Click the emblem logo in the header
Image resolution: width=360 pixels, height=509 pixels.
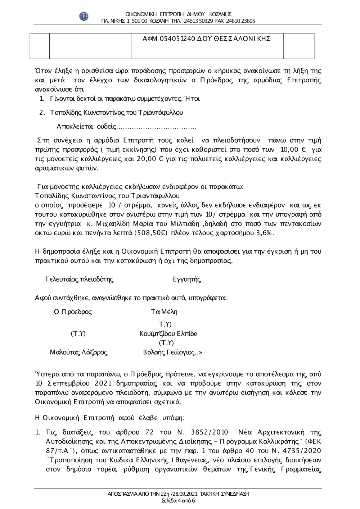[x=84, y=16]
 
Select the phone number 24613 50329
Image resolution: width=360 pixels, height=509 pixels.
[x=199, y=21]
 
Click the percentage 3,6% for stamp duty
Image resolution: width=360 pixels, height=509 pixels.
[x=265, y=233]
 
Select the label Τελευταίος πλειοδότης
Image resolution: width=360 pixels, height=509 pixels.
[x=79, y=279]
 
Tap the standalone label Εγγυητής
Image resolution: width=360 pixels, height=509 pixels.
[x=187, y=279]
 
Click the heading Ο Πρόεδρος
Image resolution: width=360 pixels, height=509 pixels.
[x=73, y=312]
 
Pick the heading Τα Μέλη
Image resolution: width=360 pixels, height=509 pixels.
[x=164, y=312]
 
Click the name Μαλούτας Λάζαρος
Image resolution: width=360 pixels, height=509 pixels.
[x=78, y=352]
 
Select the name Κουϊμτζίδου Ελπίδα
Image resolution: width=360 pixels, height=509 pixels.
[x=168, y=333]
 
